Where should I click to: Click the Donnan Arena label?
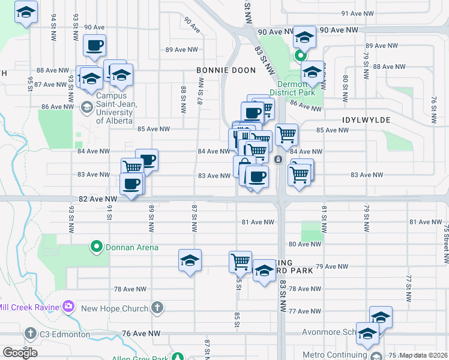pos(132,247)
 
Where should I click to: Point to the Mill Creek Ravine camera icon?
pos(68,307)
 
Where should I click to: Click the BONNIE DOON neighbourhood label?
pos(226,70)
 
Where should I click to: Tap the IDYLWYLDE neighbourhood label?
pos(366,120)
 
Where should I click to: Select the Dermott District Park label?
pos(292,89)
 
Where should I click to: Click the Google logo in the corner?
pos(19,353)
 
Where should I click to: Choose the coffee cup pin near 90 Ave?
pos(94,46)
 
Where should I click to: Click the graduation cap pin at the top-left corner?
pos(26,13)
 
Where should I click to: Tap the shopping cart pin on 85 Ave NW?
pos(287,134)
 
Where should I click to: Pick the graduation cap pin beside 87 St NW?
pos(190,260)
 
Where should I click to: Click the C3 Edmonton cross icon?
pos(31,333)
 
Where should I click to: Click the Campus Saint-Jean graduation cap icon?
pos(86,107)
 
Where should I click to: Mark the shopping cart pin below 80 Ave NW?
pos(240,261)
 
